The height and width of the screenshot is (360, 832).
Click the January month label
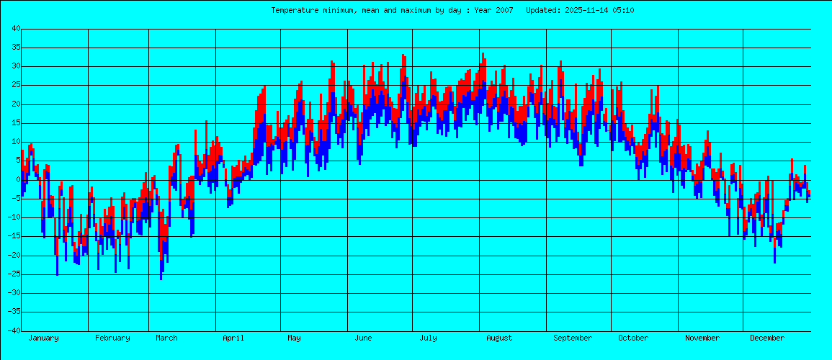click(43, 338)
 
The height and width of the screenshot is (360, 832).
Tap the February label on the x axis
click(112, 338)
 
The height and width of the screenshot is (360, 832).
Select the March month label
click(166, 338)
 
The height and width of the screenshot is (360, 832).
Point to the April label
click(233, 338)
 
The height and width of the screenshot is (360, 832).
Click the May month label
click(294, 338)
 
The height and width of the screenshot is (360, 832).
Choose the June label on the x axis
click(364, 338)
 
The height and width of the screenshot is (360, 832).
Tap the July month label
click(428, 338)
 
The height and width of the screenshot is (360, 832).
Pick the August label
click(499, 338)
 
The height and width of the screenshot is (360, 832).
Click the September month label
click(573, 338)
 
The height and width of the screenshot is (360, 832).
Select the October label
click(633, 338)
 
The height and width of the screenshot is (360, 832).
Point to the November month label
click(702, 338)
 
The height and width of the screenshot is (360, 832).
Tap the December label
click(766, 338)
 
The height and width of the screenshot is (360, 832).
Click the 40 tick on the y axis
click(15, 29)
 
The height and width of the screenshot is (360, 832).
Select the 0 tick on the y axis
click(17, 180)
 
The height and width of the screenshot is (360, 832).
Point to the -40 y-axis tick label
click(13, 331)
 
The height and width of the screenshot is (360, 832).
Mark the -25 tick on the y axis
click(13, 274)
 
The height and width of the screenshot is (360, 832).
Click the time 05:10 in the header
click(623, 10)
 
